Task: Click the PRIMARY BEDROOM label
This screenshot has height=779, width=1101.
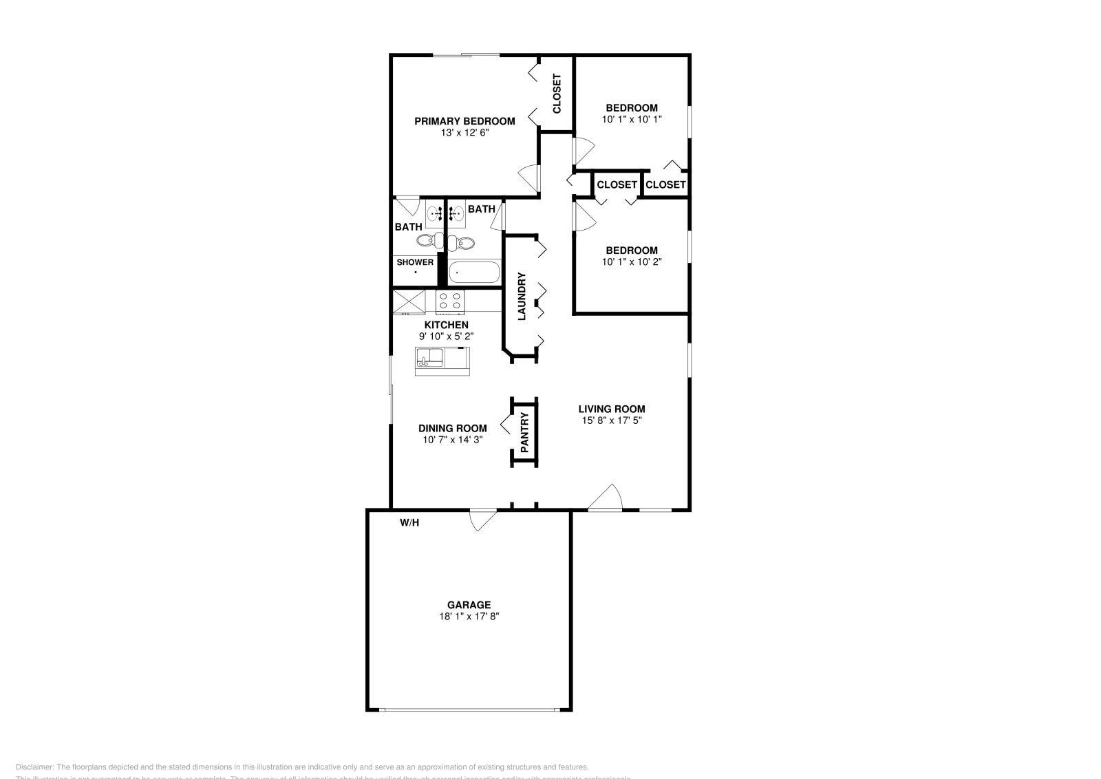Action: coord(464,122)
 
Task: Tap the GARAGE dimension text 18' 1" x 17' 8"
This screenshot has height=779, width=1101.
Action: coord(469,617)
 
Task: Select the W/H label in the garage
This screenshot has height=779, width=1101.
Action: coord(409,523)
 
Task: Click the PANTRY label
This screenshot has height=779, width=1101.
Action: coord(524,433)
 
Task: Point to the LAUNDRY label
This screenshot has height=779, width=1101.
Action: coord(522,297)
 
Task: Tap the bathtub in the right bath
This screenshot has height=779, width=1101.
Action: coord(474,273)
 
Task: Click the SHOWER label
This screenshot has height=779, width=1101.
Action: coord(415,262)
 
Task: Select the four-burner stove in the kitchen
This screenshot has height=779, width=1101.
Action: coord(451,301)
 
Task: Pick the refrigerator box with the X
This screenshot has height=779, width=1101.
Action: coord(409,301)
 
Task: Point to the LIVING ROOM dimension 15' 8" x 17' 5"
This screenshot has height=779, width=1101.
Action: coord(612,420)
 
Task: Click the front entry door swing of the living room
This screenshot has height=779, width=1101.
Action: coord(606,498)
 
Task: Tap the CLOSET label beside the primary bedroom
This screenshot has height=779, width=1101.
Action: coord(557,94)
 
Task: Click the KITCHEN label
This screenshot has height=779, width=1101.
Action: coord(447,325)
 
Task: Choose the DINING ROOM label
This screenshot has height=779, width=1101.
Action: coord(453,428)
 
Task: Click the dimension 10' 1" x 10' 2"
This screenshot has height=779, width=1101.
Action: coord(632,262)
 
